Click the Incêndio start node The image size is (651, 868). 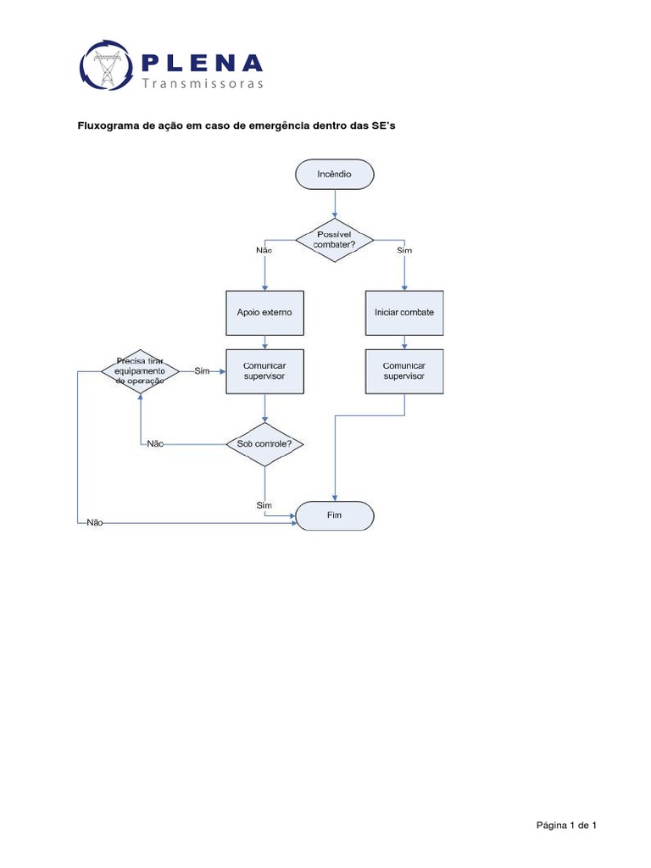334,175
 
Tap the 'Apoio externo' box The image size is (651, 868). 264,312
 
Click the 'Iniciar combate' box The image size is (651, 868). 404,312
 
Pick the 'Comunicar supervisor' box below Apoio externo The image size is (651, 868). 264,370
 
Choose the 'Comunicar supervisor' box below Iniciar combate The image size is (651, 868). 404,370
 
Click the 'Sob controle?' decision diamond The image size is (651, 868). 265,443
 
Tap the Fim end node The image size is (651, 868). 334,516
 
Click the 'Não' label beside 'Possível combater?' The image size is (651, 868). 264,251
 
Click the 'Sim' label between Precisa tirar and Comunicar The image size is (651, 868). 202,371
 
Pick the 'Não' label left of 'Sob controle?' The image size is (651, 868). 154,443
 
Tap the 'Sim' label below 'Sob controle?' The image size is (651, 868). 264,505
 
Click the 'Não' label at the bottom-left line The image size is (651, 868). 94,523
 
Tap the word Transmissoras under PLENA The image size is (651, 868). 203,84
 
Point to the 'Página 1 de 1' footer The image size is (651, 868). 567,825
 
